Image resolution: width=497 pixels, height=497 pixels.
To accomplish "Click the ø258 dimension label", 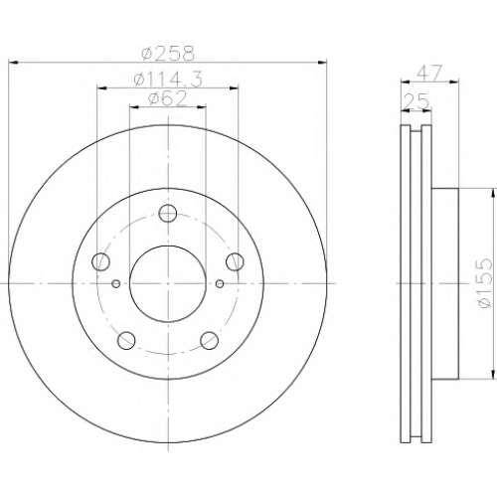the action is click(168, 54).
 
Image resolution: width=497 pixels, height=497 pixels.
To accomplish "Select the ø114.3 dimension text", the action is click(168, 80).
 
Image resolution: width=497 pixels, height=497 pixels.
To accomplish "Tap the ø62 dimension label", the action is click(168, 99).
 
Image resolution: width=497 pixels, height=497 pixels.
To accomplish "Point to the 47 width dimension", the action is click(429, 73).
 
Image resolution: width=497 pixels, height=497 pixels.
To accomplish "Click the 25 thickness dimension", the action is click(416, 101).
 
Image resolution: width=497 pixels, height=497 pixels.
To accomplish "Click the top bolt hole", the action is click(168, 213).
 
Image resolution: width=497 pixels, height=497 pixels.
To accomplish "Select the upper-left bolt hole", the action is click(100, 261).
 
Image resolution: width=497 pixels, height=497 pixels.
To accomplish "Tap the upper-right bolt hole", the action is click(236, 261).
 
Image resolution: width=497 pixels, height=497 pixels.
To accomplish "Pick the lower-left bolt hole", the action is click(126, 340).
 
